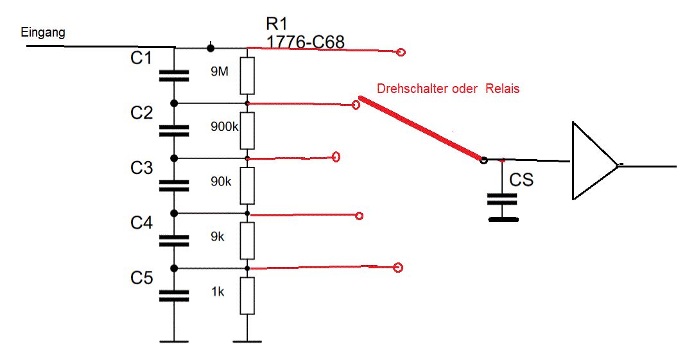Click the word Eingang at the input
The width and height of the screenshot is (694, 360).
point(43,32)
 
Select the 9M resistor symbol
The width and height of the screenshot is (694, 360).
point(248,76)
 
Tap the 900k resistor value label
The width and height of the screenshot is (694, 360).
point(225,126)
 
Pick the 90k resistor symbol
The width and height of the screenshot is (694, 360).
point(248,185)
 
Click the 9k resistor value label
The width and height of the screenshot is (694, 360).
point(218,236)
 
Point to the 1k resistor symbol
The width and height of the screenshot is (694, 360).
point(248,295)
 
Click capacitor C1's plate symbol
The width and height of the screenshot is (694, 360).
point(174,76)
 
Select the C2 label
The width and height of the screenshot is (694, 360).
point(141,113)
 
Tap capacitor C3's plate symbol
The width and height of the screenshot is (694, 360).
point(174,185)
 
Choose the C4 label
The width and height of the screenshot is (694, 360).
point(141,223)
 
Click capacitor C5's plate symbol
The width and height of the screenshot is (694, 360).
point(174,295)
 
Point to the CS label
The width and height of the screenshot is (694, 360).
point(521,180)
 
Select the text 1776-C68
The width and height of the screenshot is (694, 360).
point(306,42)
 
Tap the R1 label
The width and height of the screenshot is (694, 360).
point(277,25)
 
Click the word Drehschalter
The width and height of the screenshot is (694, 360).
point(412,89)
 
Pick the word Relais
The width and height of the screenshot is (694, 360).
point(502,89)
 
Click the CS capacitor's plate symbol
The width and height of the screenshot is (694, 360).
point(503,199)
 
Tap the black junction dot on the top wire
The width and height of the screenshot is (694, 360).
point(211,47)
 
